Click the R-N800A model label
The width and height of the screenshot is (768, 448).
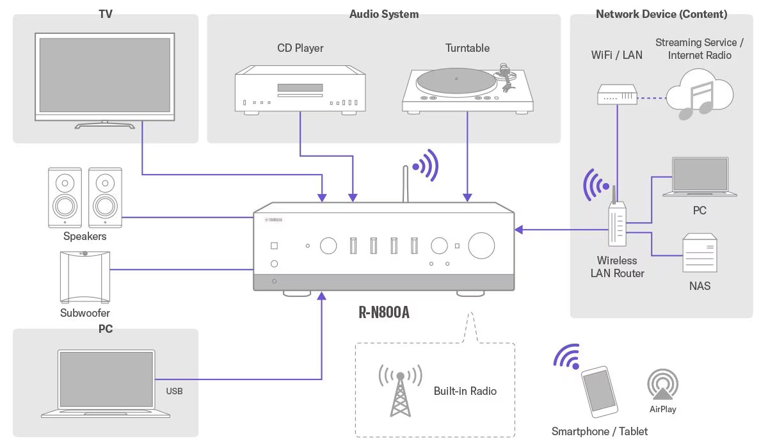click(x=383, y=312)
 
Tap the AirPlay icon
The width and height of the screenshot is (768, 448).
click(x=662, y=384)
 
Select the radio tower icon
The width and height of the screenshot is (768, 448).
click(x=400, y=390)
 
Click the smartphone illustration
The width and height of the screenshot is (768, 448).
click(x=599, y=392)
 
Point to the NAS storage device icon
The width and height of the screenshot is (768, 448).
click(x=700, y=253)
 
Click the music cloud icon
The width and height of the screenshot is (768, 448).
click(x=700, y=94)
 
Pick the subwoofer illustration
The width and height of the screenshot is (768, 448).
click(x=85, y=277)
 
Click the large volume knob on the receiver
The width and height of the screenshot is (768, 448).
click(x=481, y=245)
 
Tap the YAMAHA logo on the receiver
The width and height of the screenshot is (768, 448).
click(x=274, y=220)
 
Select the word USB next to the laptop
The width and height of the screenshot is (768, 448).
click(x=174, y=391)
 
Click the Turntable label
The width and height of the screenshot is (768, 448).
click(x=467, y=48)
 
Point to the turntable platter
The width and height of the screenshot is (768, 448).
click(x=456, y=81)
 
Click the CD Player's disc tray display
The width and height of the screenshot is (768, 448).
click(x=300, y=88)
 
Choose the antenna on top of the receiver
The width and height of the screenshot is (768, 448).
click(x=405, y=184)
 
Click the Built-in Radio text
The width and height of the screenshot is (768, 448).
click(x=465, y=391)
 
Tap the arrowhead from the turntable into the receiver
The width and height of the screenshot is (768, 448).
click(x=467, y=197)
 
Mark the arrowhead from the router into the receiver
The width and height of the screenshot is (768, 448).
click(x=519, y=230)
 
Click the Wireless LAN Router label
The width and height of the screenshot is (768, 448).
click(x=617, y=267)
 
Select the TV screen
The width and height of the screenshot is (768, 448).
click(x=105, y=75)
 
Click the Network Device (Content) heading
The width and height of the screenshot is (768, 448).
click(x=661, y=14)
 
